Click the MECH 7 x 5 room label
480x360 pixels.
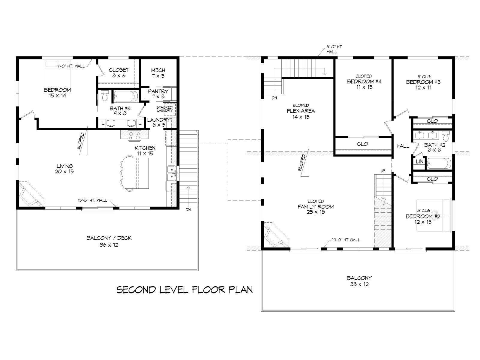coord(158,73)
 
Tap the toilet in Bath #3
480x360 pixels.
coord(105,96)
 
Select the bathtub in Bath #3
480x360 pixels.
coord(126,96)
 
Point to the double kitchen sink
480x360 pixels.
coord(172,173)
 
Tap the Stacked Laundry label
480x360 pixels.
coord(164,109)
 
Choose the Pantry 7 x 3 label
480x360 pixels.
coord(158,94)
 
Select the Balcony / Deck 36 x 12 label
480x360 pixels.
coord(109,241)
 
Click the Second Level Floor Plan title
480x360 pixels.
coord(185,290)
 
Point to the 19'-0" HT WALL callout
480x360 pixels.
coord(346,240)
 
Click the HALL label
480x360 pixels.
coord(403,146)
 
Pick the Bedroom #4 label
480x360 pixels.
coord(364,82)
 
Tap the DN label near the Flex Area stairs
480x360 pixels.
coord(274,98)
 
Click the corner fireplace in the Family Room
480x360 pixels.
coord(276,235)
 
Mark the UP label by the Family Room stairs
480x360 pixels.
coord(383,171)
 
